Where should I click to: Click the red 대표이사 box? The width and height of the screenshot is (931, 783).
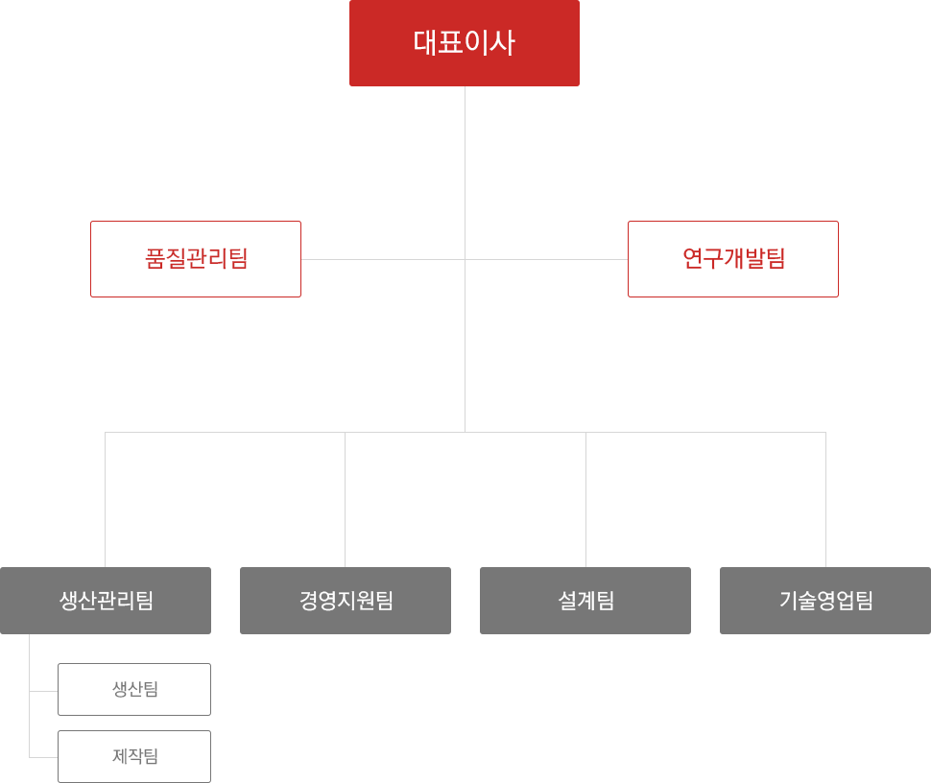pyautogui.click(x=464, y=43)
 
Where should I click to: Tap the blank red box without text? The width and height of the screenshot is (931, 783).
pyautogui.click(x=732, y=259)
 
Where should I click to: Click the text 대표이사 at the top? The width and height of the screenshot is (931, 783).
pyautogui.click(x=464, y=43)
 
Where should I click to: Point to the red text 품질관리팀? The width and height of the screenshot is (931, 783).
pyautogui.click(x=196, y=259)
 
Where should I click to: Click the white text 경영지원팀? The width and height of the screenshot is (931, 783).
pyautogui.click(x=346, y=601)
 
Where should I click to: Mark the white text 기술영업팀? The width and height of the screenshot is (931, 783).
pyautogui.click(x=825, y=601)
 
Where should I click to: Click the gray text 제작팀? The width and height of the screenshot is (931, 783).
pyautogui.click(x=135, y=756)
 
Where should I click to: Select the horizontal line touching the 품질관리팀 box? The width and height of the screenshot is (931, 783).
pyautogui.click(x=384, y=259)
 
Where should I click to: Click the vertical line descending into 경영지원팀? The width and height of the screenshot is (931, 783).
pyautogui.click(x=345, y=499)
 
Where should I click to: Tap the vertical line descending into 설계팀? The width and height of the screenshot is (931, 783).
pyautogui.click(x=585, y=499)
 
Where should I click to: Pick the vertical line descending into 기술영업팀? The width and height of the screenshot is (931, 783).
pyautogui.click(x=825, y=499)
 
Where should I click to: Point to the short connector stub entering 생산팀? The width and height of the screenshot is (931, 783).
pyautogui.click(x=44, y=691)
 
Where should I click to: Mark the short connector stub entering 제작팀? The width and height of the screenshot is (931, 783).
pyautogui.click(x=44, y=757)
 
